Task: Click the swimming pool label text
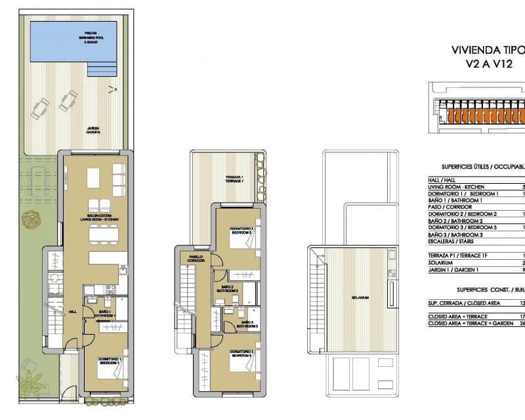tap(87, 37)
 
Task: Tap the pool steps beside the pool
tap(100, 66)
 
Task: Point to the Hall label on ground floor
tap(72, 312)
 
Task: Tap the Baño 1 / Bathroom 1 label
tap(104, 314)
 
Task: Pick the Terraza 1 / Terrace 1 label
tap(234, 179)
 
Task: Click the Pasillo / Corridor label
tap(197, 259)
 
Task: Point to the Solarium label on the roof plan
tap(359, 297)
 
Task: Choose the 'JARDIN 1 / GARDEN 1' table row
tap(459, 268)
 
